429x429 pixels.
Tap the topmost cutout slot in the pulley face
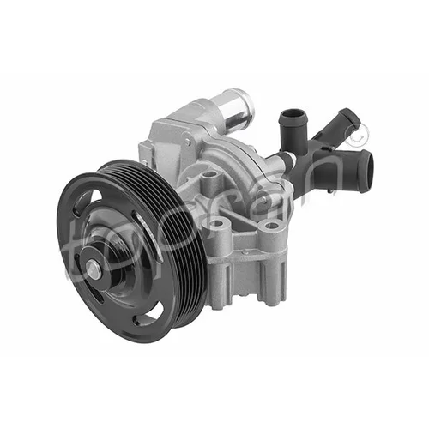[87, 199]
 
